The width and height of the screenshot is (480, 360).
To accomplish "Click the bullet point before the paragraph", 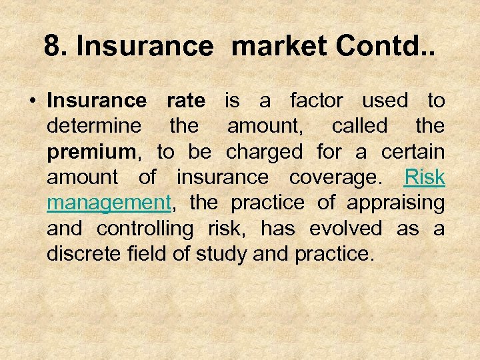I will point(32,101).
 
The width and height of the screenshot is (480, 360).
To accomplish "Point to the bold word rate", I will point(186,101).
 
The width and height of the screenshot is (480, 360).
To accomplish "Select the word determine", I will point(94,127).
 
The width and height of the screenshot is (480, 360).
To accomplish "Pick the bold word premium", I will point(91,152).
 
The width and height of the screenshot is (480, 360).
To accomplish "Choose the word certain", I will point(413,152).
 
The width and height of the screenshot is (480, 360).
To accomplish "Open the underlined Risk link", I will point(425,177).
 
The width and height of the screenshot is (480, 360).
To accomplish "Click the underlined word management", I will point(109,203).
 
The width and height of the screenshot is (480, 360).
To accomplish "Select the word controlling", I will point(145,228).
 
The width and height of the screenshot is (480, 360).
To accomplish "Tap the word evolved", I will point(345,228).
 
